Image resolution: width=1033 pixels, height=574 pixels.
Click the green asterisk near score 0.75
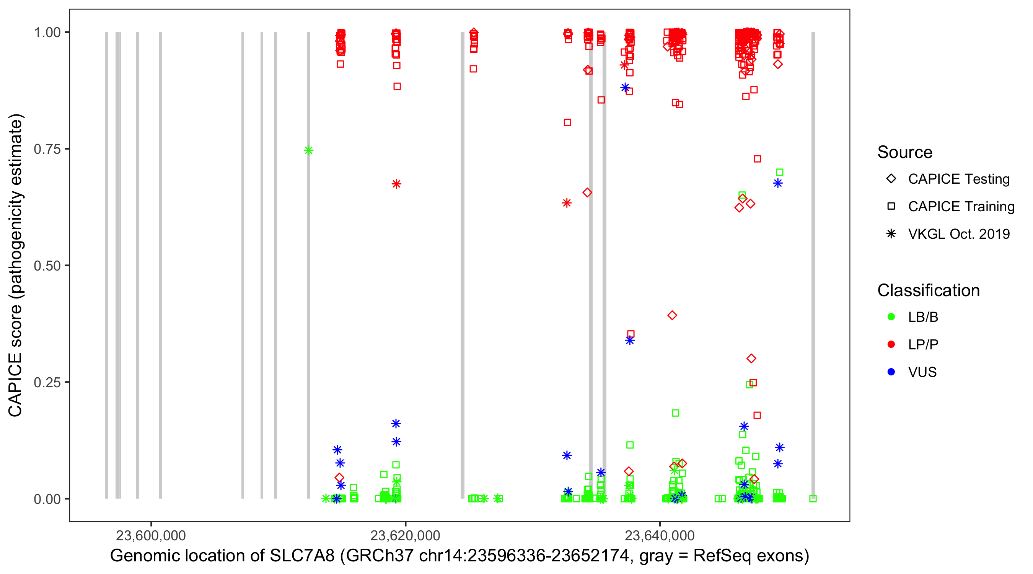[x=308, y=150]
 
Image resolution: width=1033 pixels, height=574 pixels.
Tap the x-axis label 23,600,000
[x=151, y=535]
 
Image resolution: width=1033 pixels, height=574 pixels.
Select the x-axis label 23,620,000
[x=405, y=535]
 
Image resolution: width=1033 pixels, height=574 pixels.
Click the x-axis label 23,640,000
[x=660, y=535]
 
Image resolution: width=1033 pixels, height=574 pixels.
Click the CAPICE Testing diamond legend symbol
[x=891, y=179]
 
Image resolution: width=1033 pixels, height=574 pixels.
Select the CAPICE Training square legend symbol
[x=891, y=207]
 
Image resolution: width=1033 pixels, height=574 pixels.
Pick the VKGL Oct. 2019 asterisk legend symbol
[x=891, y=234]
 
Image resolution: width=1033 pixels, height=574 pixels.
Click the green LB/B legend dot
[x=891, y=317]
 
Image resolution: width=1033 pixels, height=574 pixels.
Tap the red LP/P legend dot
[x=891, y=344]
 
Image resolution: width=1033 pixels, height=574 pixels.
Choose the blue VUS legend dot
[x=891, y=372]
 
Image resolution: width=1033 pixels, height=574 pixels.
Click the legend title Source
[x=905, y=152]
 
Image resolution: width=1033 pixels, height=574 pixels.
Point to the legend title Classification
[x=928, y=290]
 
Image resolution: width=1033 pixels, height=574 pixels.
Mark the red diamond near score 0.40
[x=672, y=315]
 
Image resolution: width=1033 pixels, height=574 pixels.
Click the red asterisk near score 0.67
[x=396, y=184]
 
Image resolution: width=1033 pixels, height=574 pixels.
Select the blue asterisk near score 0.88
[x=625, y=88]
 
